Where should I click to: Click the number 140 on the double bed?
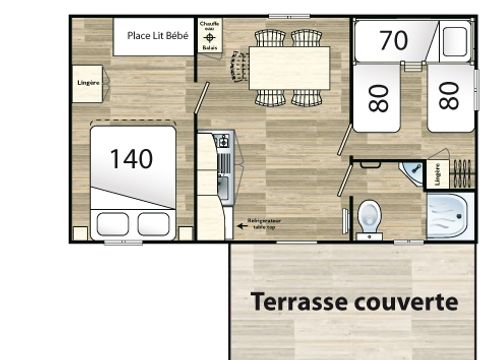tap(131, 158)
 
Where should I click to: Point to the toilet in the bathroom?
tap(370, 214)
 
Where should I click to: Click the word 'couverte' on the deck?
tap(404, 300)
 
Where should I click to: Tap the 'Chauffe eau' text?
tap(209, 26)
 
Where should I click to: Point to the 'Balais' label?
tap(209, 46)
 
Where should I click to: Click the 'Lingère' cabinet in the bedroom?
tap(87, 83)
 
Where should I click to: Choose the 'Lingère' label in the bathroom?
tap(437, 173)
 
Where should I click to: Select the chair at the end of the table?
tap(239, 68)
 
